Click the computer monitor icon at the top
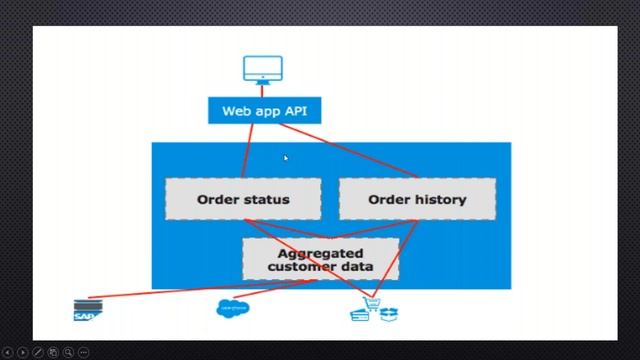coord(263,69)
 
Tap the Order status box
coord(243,199)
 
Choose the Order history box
coord(417,199)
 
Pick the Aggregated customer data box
coord(320,259)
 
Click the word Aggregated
coord(320,253)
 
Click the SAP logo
coord(88,311)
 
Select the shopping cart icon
coord(372,302)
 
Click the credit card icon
coord(360,315)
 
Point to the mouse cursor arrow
coord(286,158)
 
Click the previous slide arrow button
coord(8,352)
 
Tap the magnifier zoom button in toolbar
coord(68,352)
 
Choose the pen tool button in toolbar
coord(38,352)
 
